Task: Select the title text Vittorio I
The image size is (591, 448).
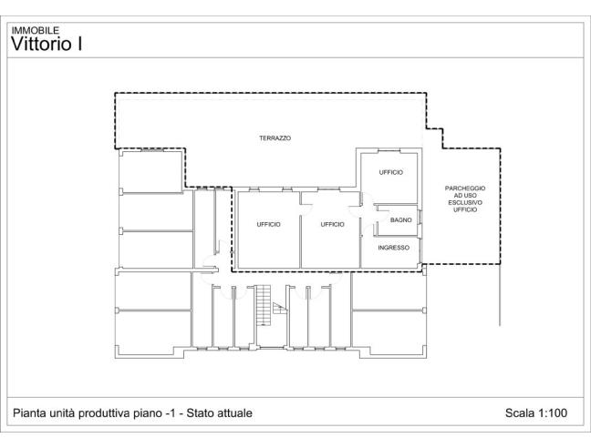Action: tap(47, 43)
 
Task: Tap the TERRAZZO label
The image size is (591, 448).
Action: tap(275, 137)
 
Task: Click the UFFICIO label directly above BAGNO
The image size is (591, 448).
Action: tap(390, 172)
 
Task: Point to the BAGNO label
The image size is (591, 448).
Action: tap(400, 219)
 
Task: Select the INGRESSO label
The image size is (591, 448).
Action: tap(393, 247)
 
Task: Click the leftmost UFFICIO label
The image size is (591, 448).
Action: tap(268, 224)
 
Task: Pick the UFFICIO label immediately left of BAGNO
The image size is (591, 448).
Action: tap(332, 224)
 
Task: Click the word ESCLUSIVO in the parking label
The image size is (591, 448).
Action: tap(465, 203)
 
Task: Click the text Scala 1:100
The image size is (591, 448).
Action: tap(536, 413)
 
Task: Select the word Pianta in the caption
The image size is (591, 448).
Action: tap(28, 413)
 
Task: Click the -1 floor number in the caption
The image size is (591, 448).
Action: tap(168, 413)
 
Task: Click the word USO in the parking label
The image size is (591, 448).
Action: tap(471, 196)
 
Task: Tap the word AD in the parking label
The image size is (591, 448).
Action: tap(458, 196)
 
